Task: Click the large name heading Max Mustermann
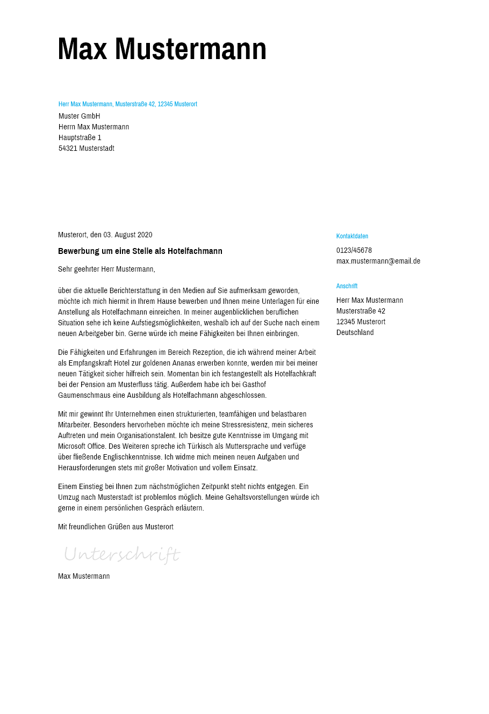[x=162, y=49]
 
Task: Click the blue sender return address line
[x=128, y=104]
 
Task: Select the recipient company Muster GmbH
[x=80, y=116]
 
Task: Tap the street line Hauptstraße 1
[x=80, y=137]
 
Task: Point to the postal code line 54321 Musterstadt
[x=87, y=148]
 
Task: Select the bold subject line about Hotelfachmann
[x=140, y=251]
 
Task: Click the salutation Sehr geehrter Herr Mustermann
[x=106, y=269]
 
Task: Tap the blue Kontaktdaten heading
[x=353, y=236]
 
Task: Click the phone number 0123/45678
[x=354, y=250]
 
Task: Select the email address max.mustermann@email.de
[x=378, y=261]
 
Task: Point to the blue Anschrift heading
[x=347, y=286]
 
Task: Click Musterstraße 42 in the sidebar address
[x=361, y=311]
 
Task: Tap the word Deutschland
[x=355, y=332]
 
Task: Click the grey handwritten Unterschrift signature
[x=122, y=554]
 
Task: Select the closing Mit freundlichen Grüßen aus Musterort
[x=116, y=527]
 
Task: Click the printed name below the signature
[x=84, y=576]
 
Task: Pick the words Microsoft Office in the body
[x=82, y=446]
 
